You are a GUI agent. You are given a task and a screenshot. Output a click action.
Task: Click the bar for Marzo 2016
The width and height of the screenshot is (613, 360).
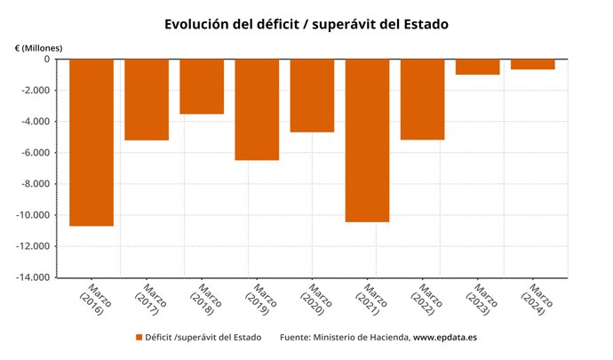click(x=92, y=142)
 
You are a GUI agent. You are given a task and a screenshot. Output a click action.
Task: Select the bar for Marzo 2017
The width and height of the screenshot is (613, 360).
click(x=147, y=100)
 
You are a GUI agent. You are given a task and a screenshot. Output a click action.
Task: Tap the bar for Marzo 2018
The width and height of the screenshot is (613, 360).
click(x=202, y=86)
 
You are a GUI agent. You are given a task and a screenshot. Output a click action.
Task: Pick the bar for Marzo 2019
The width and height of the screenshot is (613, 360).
click(x=257, y=109)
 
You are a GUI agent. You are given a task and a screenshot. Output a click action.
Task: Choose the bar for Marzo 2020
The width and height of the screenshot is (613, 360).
click(x=312, y=95)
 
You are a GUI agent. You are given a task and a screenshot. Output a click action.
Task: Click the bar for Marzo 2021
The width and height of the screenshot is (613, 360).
click(x=367, y=140)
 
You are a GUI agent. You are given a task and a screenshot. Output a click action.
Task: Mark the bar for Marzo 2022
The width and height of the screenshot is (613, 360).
click(x=422, y=100)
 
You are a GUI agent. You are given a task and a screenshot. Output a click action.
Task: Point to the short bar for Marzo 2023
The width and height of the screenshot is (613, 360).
click(x=477, y=67)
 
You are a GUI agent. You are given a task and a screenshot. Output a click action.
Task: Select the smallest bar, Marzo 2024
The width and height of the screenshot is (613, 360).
click(x=533, y=64)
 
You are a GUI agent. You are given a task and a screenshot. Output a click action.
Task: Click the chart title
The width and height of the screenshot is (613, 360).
click(x=306, y=24)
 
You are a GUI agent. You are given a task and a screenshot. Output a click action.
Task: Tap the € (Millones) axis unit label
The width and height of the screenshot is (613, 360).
click(x=38, y=47)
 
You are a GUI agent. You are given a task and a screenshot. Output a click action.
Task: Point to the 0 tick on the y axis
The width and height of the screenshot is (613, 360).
click(x=46, y=60)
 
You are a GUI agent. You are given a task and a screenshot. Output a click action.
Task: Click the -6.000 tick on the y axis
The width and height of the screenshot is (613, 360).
click(x=33, y=153)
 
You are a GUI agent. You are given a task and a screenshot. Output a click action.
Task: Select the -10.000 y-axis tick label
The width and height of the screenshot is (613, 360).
click(x=30, y=215)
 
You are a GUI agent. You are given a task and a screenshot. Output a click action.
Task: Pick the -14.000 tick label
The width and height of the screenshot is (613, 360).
click(x=30, y=277)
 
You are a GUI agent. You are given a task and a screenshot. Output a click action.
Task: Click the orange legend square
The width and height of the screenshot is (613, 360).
click(x=139, y=337)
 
